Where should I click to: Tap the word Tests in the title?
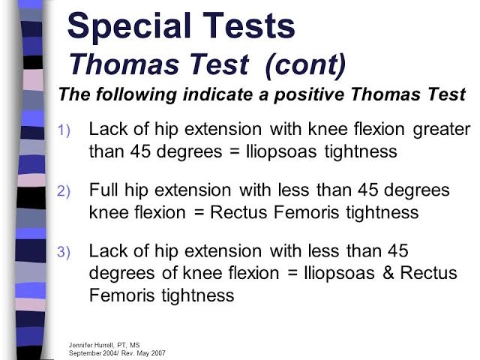[x=245, y=27]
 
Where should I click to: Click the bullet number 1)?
[x=64, y=130]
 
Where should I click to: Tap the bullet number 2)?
[x=64, y=191]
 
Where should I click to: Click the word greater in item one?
[x=442, y=130]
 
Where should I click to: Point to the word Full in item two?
[x=104, y=190]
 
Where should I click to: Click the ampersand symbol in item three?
[x=388, y=272]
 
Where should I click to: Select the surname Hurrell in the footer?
[x=109, y=344]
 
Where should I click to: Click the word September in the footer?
[x=85, y=352]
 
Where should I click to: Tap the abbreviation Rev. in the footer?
[x=128, y=352]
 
